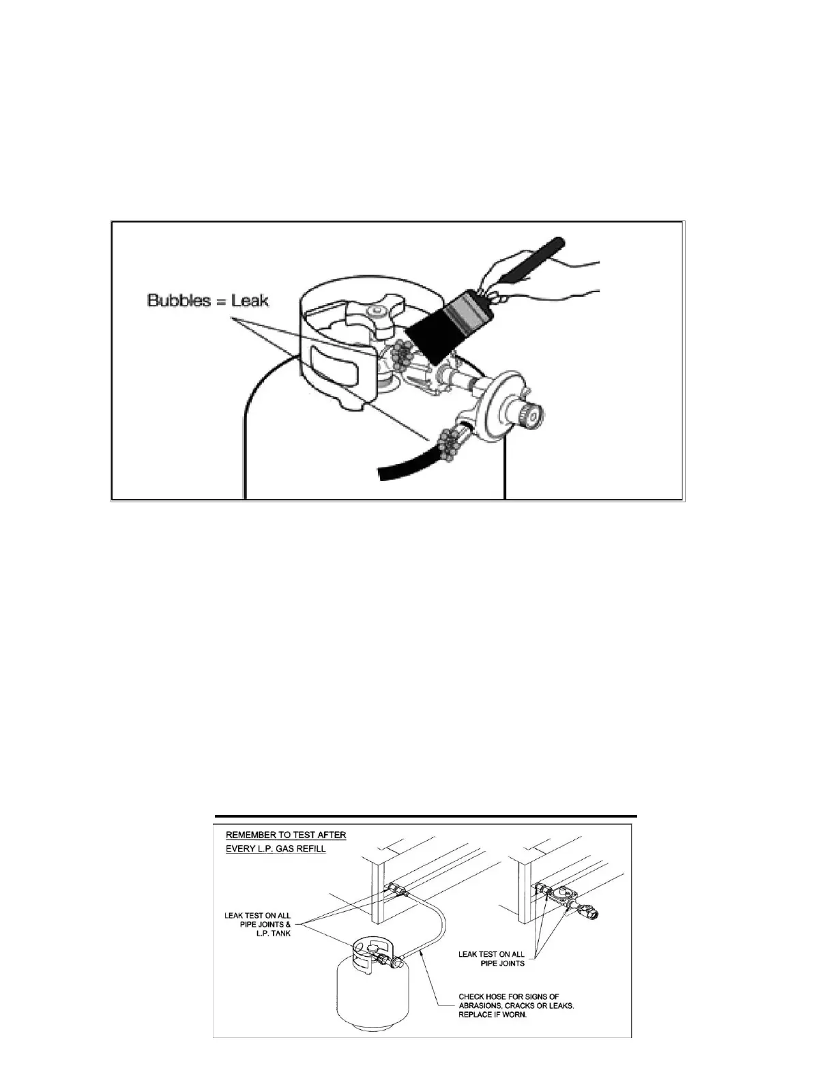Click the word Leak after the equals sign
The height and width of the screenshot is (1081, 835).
(x=250, y=300)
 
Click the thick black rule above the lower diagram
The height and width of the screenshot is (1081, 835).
(x=426, y=816)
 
